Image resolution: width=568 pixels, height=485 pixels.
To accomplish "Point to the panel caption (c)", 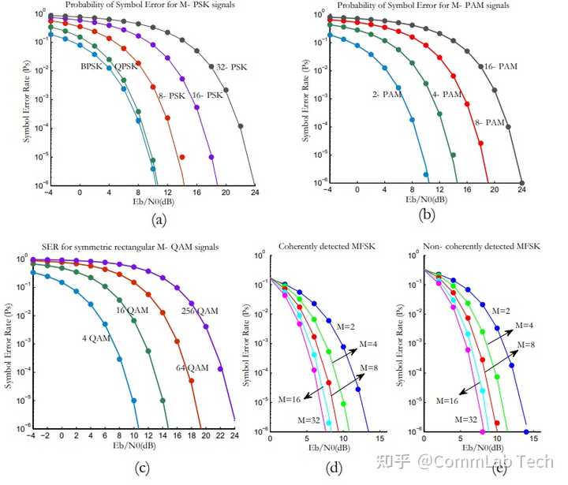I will click(143, 468).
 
